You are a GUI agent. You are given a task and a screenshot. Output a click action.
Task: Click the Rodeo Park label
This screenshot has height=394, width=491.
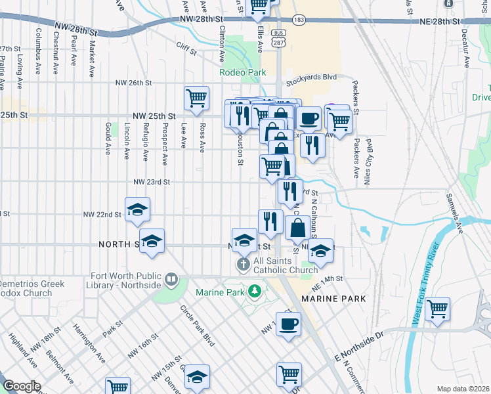[243, 72]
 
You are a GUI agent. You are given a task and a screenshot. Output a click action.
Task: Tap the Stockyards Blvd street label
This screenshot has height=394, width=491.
[311, 77]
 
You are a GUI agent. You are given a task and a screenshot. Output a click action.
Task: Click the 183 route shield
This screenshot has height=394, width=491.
[299, 20]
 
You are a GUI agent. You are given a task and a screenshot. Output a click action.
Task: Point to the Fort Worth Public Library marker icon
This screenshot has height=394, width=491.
[171, 280]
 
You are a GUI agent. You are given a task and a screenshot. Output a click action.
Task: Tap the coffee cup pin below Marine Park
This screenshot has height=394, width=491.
[288, 323]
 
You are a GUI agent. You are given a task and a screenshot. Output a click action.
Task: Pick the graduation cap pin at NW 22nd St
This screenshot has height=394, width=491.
[138, 209]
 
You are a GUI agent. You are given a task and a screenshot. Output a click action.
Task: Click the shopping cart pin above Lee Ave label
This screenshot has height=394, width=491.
[197, 98]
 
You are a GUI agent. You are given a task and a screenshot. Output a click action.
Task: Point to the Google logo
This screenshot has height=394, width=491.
[22, 385]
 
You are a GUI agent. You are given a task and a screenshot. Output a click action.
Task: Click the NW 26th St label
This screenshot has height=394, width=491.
[133, 83]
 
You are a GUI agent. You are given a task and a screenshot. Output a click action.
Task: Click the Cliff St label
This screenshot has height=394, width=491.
[187, 46]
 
